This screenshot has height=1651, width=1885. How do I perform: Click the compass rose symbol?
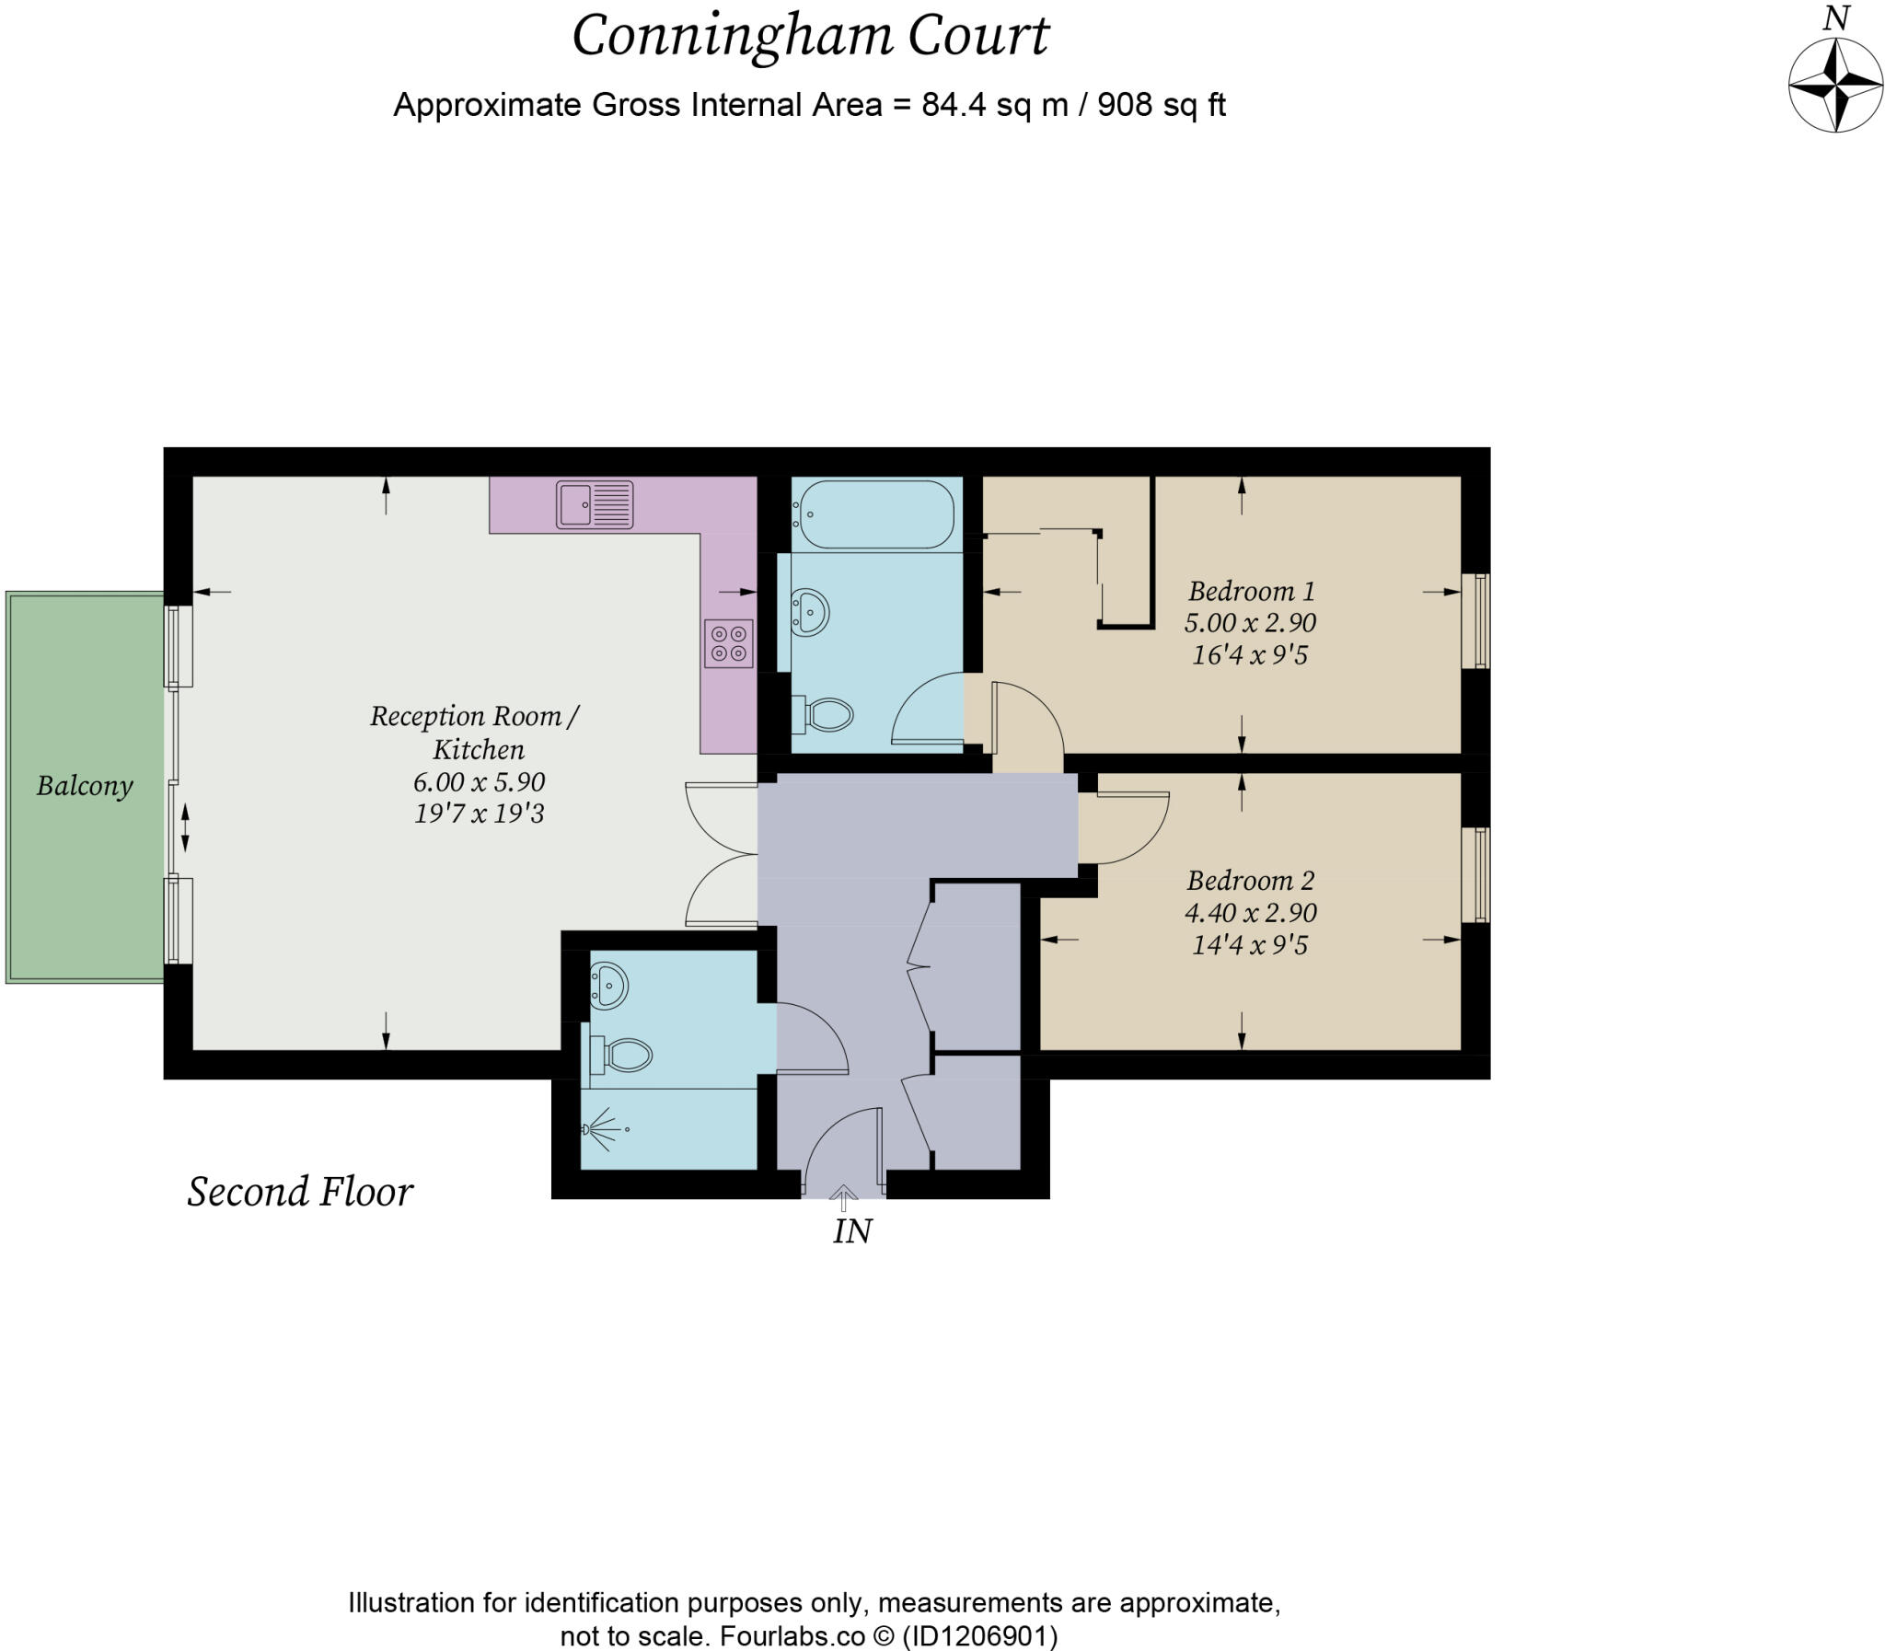1834,85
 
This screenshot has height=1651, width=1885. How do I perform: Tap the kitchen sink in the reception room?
595,505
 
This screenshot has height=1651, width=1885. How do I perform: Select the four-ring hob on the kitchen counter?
728,643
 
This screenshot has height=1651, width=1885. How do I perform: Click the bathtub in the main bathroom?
876,514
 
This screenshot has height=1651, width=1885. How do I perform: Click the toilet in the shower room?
623,1055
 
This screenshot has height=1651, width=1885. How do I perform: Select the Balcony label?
85,786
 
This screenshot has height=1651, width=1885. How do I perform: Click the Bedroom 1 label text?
1250,591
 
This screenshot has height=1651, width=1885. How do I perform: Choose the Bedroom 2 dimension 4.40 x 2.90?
1250,912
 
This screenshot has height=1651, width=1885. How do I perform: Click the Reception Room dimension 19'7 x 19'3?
479,814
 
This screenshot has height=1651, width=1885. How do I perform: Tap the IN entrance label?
852,1231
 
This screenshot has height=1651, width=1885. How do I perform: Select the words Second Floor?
300,1192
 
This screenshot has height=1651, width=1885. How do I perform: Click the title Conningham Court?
810,37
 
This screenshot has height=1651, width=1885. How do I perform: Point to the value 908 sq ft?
1161,105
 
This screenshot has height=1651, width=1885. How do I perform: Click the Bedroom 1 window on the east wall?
1476,620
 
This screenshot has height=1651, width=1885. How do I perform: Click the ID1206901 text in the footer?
978,1636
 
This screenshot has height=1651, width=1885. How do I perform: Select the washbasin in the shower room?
608,985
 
